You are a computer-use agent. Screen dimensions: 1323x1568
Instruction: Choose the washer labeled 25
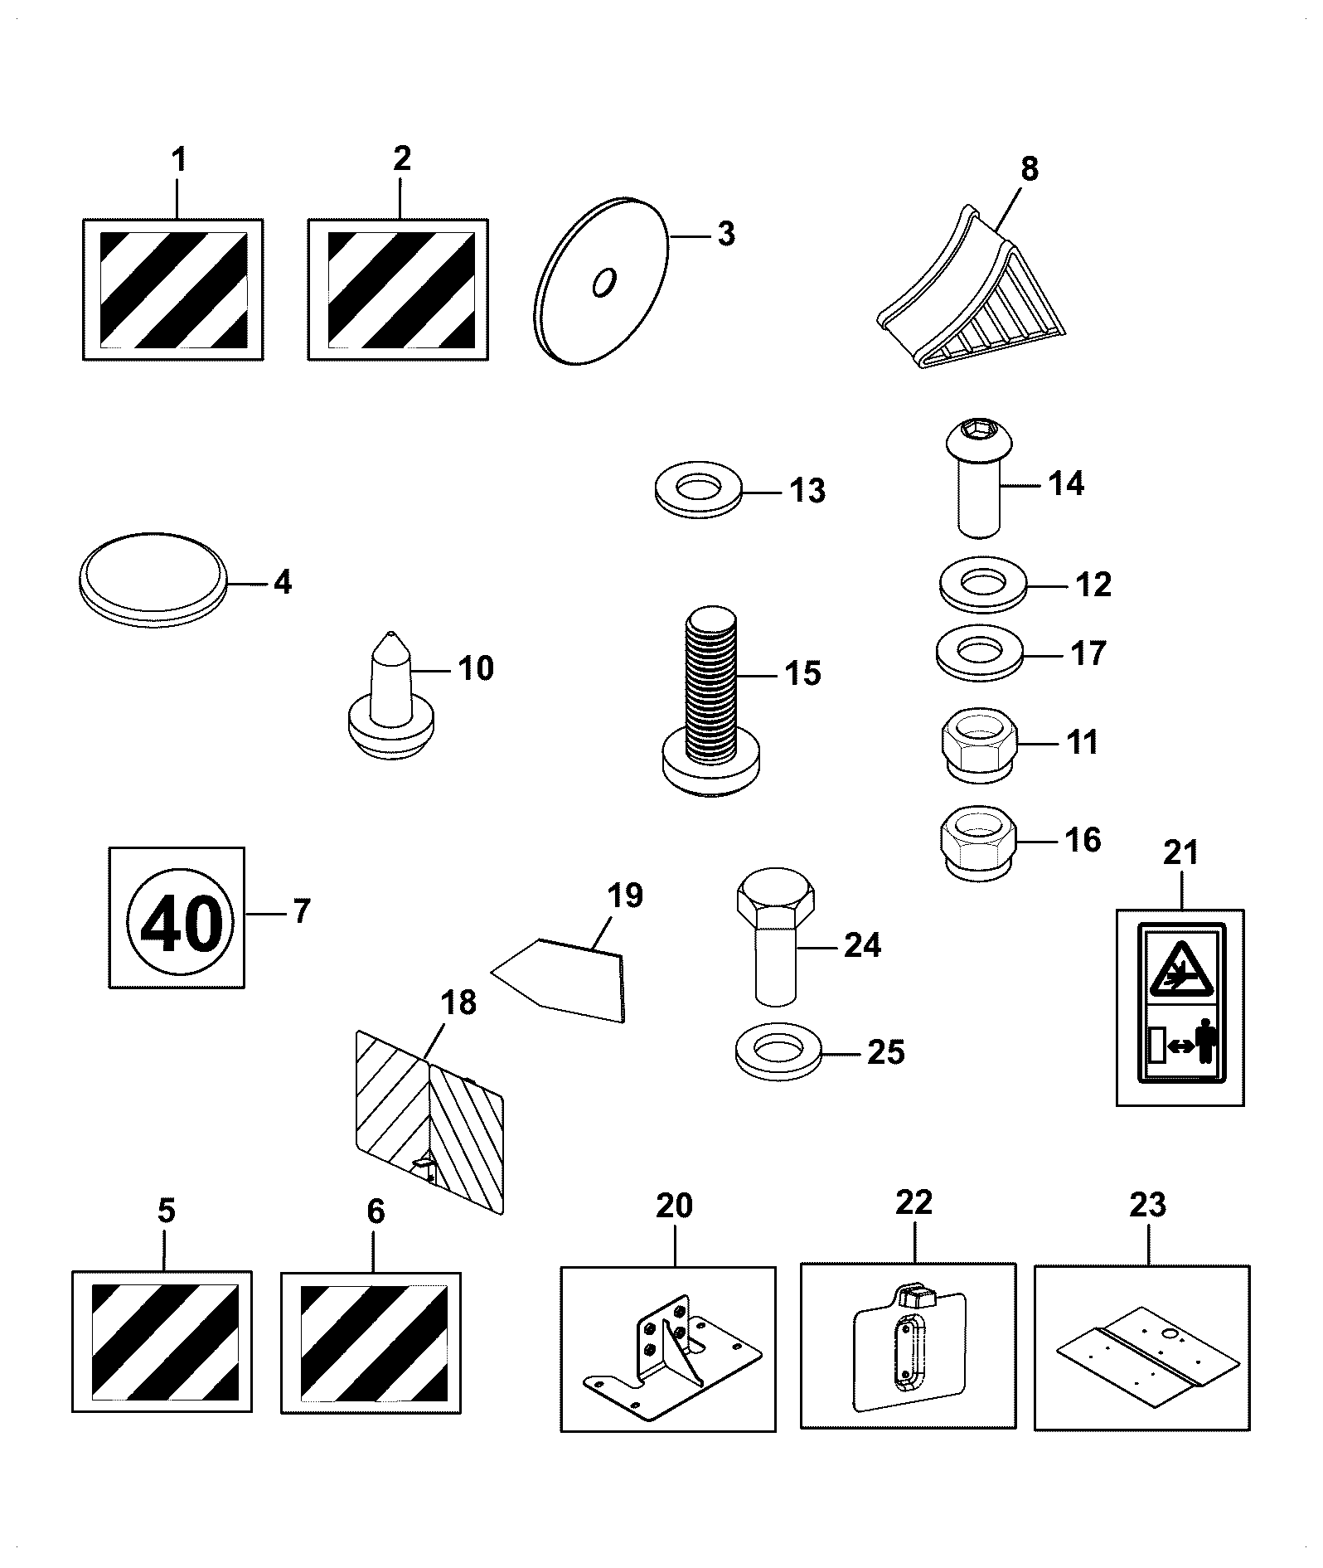tap(777, 1055)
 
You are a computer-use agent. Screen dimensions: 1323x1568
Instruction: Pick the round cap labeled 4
tap(153, 580)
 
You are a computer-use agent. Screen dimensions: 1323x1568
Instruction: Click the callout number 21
tap(1181, 852)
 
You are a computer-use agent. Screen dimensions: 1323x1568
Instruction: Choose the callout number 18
tap(458, 1003)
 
